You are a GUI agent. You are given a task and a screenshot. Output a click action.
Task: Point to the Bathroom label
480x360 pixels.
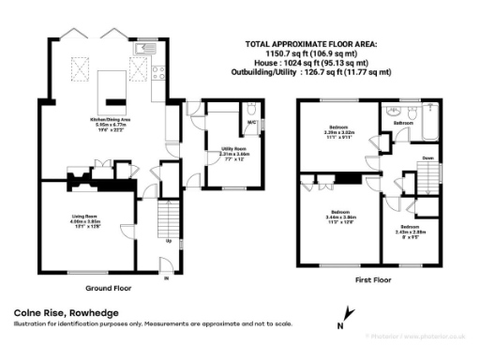(x=404, y=123)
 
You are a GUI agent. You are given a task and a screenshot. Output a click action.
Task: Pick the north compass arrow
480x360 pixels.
(x=347, y=315)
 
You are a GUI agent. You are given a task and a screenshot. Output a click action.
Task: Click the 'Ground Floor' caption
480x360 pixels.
(x=106, y=287)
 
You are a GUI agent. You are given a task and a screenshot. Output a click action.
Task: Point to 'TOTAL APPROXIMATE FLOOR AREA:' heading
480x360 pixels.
(x=310, y=44)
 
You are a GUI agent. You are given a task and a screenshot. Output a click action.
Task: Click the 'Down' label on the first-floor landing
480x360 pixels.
(x=427, y=158)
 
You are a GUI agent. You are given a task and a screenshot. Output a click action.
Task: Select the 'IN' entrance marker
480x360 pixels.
(x=166, y=278)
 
